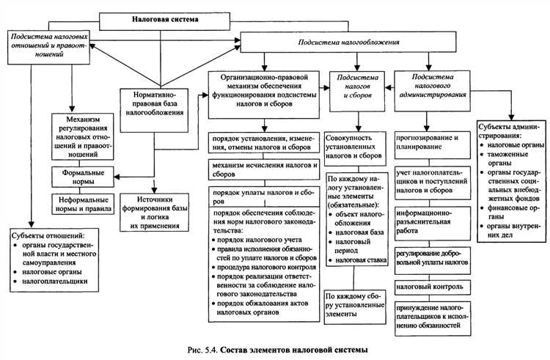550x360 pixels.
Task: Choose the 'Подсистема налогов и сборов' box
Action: [357, 87]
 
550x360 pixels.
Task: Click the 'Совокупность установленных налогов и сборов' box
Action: [356, 146]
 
